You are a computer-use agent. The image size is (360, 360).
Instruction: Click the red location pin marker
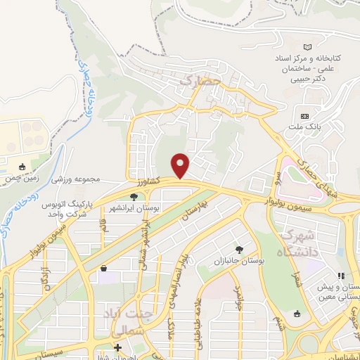click(181, 165)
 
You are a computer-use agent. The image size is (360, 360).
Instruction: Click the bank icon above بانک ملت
click(304, 115)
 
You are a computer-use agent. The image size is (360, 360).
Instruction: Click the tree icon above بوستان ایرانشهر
click(134, 198)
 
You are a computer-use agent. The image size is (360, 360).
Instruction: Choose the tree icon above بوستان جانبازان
click(240, 250)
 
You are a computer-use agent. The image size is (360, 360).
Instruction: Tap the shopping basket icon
click(104, 268)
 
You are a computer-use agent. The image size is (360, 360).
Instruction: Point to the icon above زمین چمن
click(22, 167)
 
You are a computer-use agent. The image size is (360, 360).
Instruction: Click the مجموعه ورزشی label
click(77, 179)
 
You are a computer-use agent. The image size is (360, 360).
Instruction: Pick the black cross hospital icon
click(118, 347)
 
